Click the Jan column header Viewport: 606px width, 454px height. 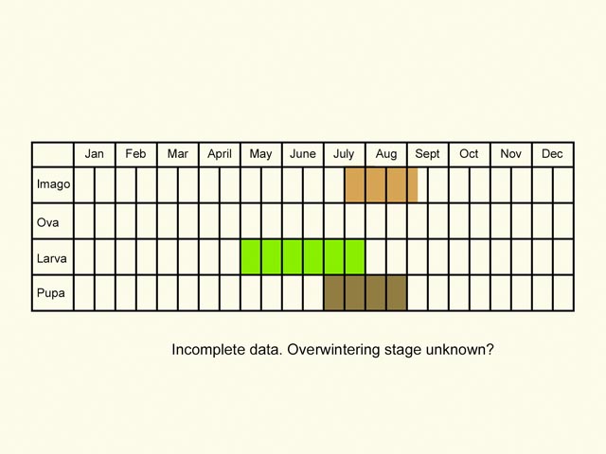click(95, 154)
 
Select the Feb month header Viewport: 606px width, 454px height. click(136, 154)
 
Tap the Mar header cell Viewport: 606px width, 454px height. click(178, 154)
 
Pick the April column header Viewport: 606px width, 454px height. click(220, 154)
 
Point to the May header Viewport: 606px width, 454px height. click(261, 154)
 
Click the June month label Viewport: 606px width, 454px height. click(303, 154)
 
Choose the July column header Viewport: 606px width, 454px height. click(345, 154)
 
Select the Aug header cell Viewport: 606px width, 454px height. click(386, 154)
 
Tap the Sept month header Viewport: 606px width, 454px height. click(428, 154)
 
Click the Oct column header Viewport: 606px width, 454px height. click(470, 154)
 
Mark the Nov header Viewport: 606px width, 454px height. click(511, 154)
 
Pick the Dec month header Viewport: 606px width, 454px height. click(553, 154)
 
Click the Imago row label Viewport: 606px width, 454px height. click(53, 184)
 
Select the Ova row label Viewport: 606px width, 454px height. click(48, 221)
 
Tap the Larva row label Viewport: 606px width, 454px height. click(51, 257)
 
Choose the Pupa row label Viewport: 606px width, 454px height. click(51, 293)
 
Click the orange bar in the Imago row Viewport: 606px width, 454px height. click(381, 184)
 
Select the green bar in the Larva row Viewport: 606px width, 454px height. click(303, 257)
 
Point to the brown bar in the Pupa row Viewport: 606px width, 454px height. click(365, 293)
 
